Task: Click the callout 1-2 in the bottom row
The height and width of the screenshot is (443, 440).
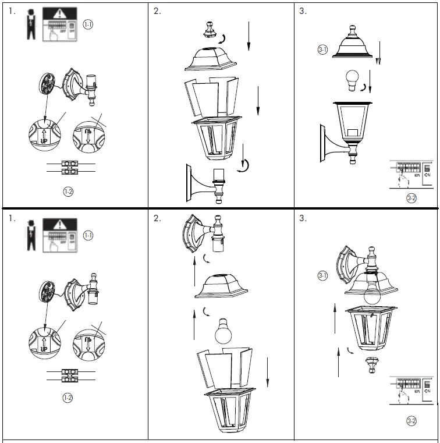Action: pos(68,398)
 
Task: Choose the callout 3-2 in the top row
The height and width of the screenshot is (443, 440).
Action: pos(411,198)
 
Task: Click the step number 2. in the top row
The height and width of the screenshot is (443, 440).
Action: pos(158,11)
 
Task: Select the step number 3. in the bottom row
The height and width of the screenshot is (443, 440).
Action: pos(303,218)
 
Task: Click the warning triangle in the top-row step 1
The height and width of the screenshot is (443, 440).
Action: pos(61,14)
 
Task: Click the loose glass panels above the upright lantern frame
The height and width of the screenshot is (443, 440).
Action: pos(212,95)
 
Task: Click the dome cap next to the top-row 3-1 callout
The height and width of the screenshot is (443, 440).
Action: pos(352,44)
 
